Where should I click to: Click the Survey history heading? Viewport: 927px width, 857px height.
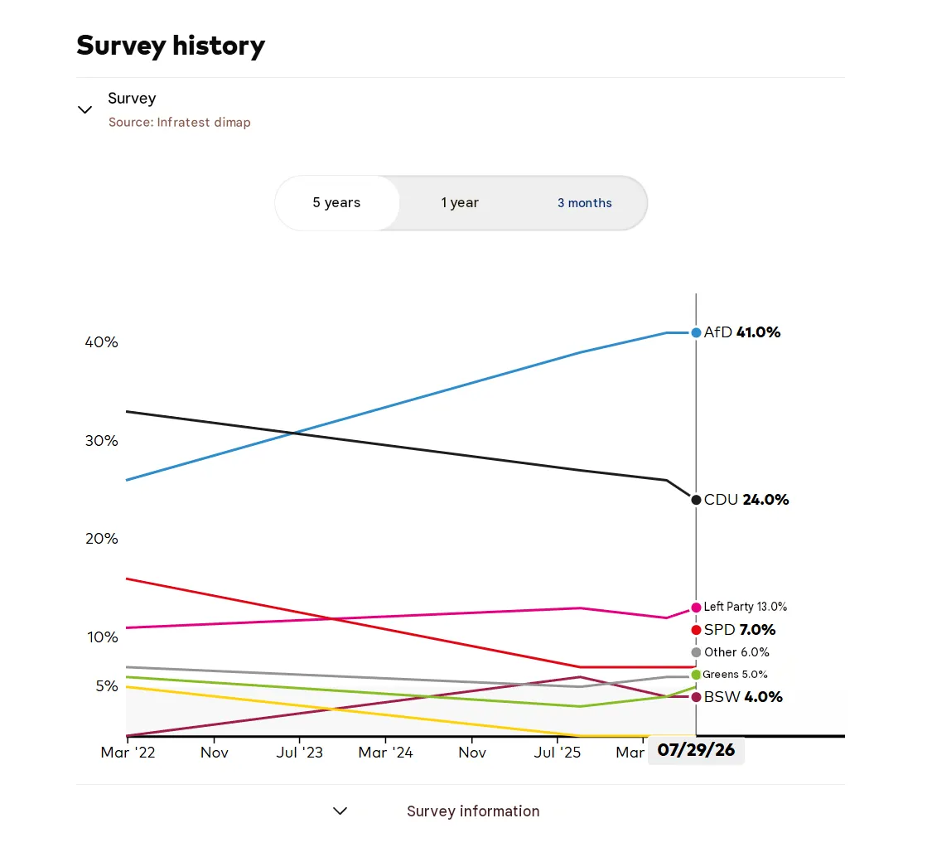(171, 46)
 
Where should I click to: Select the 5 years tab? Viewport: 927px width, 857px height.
(337, 203)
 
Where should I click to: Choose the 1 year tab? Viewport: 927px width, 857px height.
(460, 203)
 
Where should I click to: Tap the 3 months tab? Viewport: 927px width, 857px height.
(585, 203)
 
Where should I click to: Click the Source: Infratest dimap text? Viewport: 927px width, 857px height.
(180, 123)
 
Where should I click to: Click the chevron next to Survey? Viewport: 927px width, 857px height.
(85, 109)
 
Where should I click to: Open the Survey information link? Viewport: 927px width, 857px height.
(473, 811)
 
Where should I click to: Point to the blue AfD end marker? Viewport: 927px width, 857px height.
(696, 333)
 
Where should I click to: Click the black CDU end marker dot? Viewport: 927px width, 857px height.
(696, 500)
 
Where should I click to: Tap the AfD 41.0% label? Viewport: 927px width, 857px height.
(742, 332)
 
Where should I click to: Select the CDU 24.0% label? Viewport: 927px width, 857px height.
(746, 500)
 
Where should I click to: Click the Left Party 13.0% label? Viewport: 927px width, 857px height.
(745, 607)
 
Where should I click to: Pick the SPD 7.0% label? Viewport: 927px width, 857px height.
(740, 630)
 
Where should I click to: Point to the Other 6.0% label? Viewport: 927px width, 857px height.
(736, 652)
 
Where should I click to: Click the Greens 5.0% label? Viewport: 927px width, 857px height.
(735, 674)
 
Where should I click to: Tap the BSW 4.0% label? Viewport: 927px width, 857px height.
(743, 697)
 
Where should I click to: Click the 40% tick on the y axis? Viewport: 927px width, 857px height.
(102, 342)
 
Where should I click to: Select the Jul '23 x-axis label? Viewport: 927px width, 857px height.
(300, 753)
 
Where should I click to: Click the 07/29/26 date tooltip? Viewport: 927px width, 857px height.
(696, 750)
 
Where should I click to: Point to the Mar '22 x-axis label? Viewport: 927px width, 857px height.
(128, 753)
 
